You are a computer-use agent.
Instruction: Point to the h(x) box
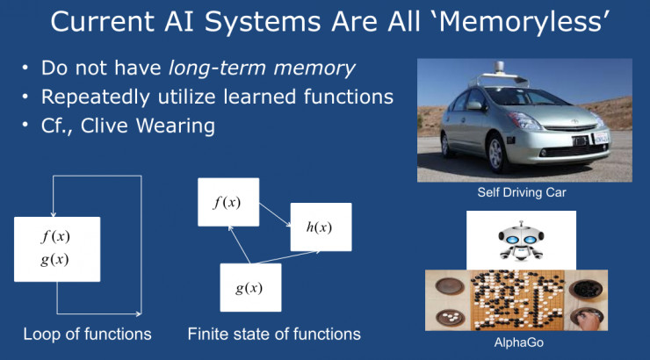click(x=321, y=227)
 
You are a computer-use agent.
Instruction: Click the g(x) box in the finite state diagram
click(x=249, y=287)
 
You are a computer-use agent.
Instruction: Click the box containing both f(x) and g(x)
click(x=57, y=248)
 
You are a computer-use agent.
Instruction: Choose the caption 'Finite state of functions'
click(x=274, y=334)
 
